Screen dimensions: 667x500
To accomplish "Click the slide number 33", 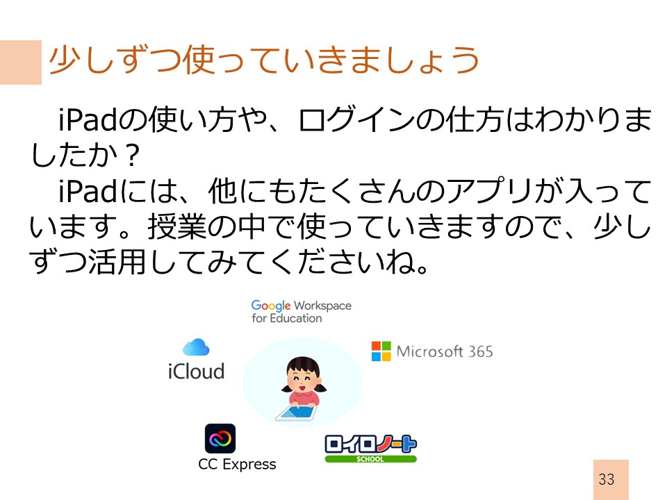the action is (606, 479).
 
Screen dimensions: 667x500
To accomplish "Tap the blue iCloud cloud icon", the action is (196, 347).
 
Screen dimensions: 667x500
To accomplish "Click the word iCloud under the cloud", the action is (196, 371).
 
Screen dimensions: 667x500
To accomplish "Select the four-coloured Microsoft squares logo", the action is (381, 351).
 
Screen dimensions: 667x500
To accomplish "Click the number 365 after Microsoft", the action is (480, 351).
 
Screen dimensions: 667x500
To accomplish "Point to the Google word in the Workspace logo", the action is (271, 306).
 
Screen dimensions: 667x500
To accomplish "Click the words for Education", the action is (287, 318).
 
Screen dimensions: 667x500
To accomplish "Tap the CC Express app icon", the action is (220, 438).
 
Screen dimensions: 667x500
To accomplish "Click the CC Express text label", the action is (237, 465).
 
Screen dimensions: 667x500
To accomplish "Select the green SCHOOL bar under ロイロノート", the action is (370, 459).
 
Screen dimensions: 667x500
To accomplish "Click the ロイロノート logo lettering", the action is (370, 444).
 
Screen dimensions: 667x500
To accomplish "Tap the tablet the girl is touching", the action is (297, 412).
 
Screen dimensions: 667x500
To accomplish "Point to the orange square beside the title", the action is (21, 62).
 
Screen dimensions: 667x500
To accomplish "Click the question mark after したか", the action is (133, 156).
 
